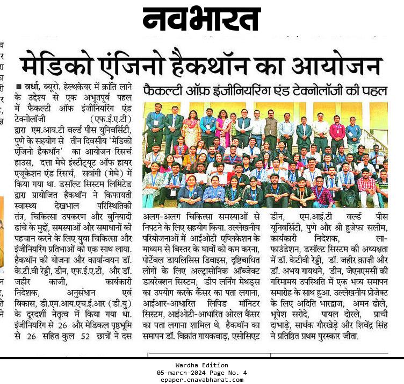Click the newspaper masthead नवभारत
pyautogui.click(x=202, y=20)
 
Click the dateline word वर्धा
pyautogui.click(x=33, y=86)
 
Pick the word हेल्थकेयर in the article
pyautogui.click(x=80, y=86)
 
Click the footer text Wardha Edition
pyautogui.click(x=201, y=365)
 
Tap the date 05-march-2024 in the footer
pyautogui.click(x=182, y=372)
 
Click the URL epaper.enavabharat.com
pyautogui.click(x=201, y=379)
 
